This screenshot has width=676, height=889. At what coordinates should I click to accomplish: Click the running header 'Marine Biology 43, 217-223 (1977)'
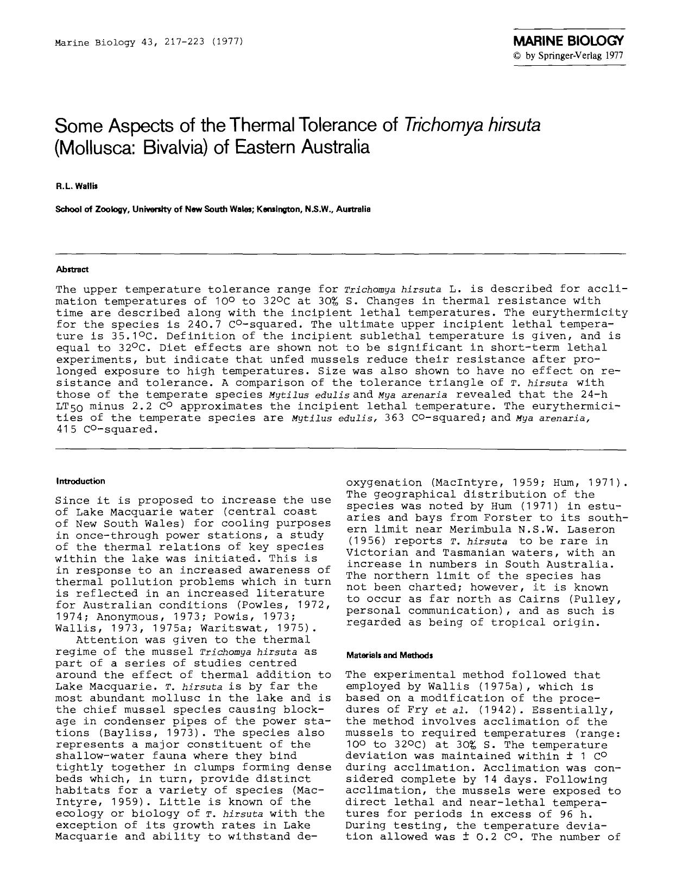tap(148, 42)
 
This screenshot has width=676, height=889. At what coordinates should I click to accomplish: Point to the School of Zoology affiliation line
tap(213, 209)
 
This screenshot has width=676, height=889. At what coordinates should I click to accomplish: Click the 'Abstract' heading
tap(72, 270)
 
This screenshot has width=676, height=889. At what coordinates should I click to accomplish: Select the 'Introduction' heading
tap(80, 481)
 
